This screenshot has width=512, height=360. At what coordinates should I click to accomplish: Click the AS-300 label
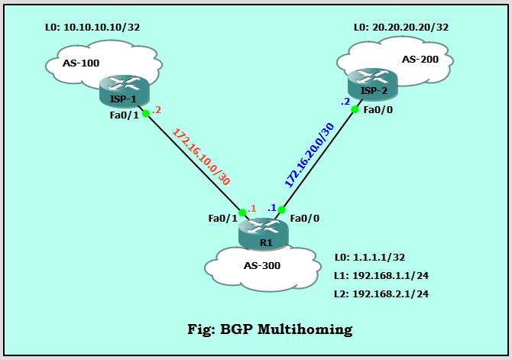[261, 266]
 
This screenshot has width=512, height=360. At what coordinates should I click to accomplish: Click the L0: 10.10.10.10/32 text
[92, 28]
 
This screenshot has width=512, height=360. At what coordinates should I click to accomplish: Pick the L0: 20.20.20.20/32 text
[400, 28]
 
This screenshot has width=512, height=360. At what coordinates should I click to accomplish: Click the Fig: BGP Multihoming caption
[270, 329]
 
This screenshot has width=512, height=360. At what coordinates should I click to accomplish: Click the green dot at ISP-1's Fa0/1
[146, 113]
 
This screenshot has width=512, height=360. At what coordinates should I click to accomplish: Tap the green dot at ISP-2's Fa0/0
[355, 109]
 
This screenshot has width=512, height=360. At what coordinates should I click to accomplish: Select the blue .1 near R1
[271, 207]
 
